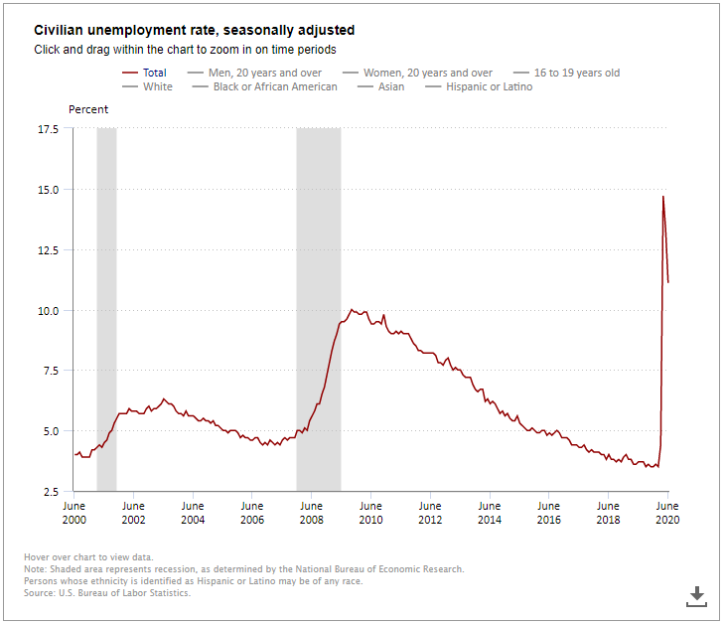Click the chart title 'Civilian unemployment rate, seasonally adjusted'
coord(195,31)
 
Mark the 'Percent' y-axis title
coord(88,109)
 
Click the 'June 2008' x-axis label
coord(311,513)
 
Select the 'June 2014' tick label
coord(490,513)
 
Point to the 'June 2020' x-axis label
coord(667,513)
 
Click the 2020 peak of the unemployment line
coord(663,197)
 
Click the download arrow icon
coord(697,595)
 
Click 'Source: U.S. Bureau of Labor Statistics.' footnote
coord(107,593)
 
